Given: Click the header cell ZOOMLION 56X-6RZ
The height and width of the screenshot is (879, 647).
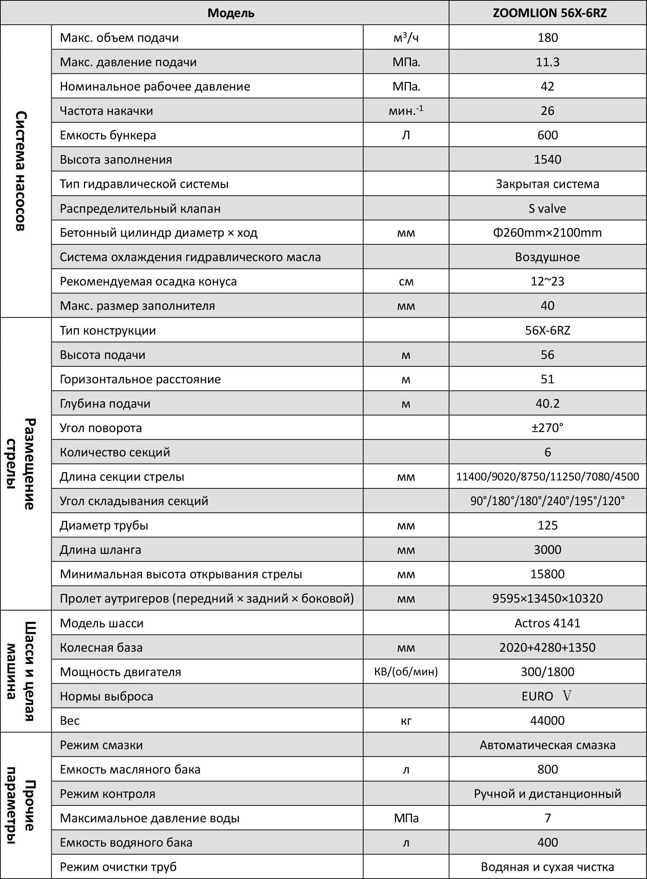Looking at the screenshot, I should [x=549, y=13].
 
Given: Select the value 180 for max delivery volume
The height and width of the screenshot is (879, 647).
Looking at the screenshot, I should [x=548, y=37].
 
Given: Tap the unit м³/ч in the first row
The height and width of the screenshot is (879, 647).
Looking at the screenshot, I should [x=406, y=37].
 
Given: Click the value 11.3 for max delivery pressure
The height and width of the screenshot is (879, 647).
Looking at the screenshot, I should [x=548, y=62].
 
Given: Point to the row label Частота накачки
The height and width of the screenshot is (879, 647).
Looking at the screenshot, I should [x=106, y=111].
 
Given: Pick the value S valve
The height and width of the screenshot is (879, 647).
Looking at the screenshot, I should [x=547, y=208].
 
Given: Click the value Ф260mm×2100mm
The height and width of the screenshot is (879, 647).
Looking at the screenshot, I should [x=547, y=232].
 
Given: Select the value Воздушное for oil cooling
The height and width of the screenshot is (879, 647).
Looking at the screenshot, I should [x=547, y=257].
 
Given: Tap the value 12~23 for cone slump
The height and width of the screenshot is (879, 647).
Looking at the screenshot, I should [x=547, y=281].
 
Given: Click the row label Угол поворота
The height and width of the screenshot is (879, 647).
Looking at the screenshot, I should [x=101, y=428].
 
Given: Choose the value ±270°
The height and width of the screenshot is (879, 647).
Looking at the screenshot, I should [x=547, y=427].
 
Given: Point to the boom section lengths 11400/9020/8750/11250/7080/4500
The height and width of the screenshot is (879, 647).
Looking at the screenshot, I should [x=547, y=476].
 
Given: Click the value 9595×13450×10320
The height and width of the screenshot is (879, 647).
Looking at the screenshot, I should [x=547, y=598].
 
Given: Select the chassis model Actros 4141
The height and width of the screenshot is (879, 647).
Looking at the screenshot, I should [x=547, y=623].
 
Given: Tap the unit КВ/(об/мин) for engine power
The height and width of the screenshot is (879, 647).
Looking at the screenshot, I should [x=406, y=672].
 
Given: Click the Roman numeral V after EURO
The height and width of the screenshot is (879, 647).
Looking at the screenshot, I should [x=567, y=695].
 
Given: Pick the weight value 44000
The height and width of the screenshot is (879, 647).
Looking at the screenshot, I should [x=547, y=720].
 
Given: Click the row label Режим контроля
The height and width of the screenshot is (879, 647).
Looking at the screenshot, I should [x=107, y=793].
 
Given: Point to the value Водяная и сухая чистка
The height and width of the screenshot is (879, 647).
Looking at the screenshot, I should [x=547, y=867].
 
